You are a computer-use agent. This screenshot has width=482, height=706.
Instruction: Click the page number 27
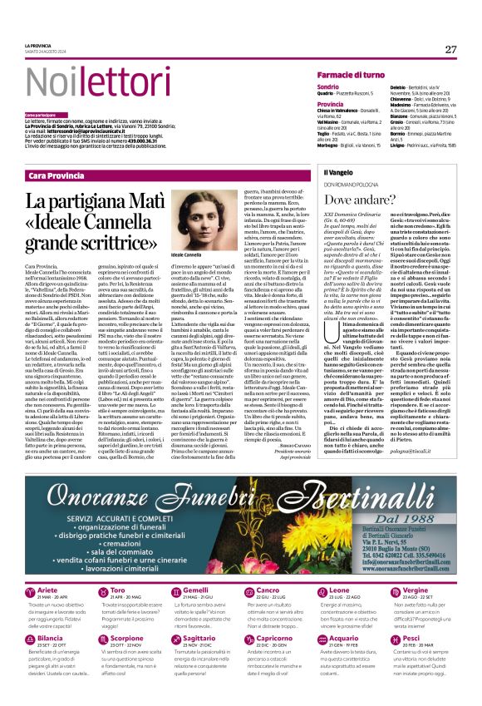[x=450, y=50]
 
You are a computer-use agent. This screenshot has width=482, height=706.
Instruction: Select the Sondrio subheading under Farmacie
[x=328, y=86]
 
